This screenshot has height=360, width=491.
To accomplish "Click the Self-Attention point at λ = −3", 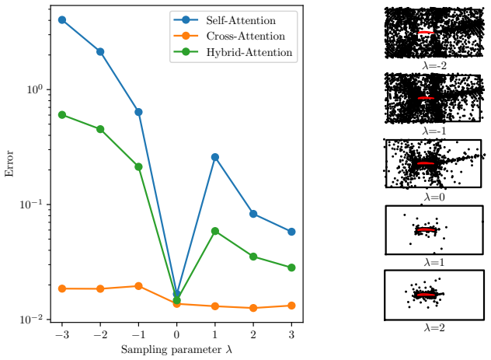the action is (62, 20).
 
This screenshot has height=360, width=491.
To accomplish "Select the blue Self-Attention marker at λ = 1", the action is (214, 157).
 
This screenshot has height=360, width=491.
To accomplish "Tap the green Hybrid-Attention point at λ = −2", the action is (100, 129).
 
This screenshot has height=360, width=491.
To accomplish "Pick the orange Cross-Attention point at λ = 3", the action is (291, 306).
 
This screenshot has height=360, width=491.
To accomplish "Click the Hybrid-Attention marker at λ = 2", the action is (253, 257).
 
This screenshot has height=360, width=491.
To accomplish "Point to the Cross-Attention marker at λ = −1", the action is (138, 285).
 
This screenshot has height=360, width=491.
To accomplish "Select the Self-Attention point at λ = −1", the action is (138, 112).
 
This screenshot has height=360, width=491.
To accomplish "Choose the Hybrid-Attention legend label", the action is (249, 52).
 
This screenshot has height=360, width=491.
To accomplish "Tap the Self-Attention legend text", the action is (241, 20).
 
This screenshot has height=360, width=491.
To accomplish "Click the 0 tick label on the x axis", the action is (176, 334).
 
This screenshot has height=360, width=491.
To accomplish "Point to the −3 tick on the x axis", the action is (62, 334).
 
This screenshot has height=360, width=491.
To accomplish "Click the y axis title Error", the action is (9, 163).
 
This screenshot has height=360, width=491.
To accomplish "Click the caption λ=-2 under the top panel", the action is (434, 65).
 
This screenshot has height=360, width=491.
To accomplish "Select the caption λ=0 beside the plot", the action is (434, 197).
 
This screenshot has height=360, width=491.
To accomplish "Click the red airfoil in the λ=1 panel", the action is (427, 229).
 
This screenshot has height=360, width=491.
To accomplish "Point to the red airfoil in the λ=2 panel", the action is (427, 295).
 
